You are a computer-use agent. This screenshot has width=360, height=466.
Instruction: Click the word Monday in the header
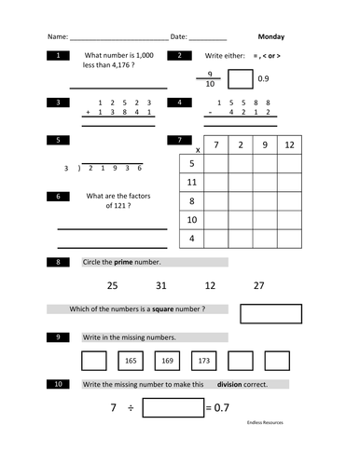click(x=270, y=37)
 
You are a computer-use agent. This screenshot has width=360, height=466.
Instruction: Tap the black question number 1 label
click(x=59, y=57)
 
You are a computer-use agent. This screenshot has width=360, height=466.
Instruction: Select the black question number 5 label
click(x=59, y=141)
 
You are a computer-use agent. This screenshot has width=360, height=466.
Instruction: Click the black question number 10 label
click(x=59, y=384)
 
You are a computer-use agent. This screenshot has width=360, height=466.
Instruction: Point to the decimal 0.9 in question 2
click(x=263, y=78)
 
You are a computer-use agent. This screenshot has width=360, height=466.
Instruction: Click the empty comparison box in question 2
click(x=240, y=79)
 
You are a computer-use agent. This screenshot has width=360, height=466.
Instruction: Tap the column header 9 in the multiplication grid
click(x=265, y=145)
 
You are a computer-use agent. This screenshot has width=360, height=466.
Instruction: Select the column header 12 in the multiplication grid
click(x=290, y=145)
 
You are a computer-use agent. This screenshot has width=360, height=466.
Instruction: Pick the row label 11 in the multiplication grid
click(x=191, y=183)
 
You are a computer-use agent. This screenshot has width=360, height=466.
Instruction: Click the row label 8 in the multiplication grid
click(x=191, y=201)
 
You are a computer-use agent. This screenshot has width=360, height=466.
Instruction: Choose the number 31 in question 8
click(x=161, y=285)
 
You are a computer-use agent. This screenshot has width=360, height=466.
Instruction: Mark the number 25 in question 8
click(x=112, y=285)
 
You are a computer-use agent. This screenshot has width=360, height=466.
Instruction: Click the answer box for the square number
click(x=271, y=312)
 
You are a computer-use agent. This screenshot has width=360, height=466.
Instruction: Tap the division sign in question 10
click(x=131, y=407)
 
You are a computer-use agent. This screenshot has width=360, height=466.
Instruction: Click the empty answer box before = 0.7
click(x=173, y=407)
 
